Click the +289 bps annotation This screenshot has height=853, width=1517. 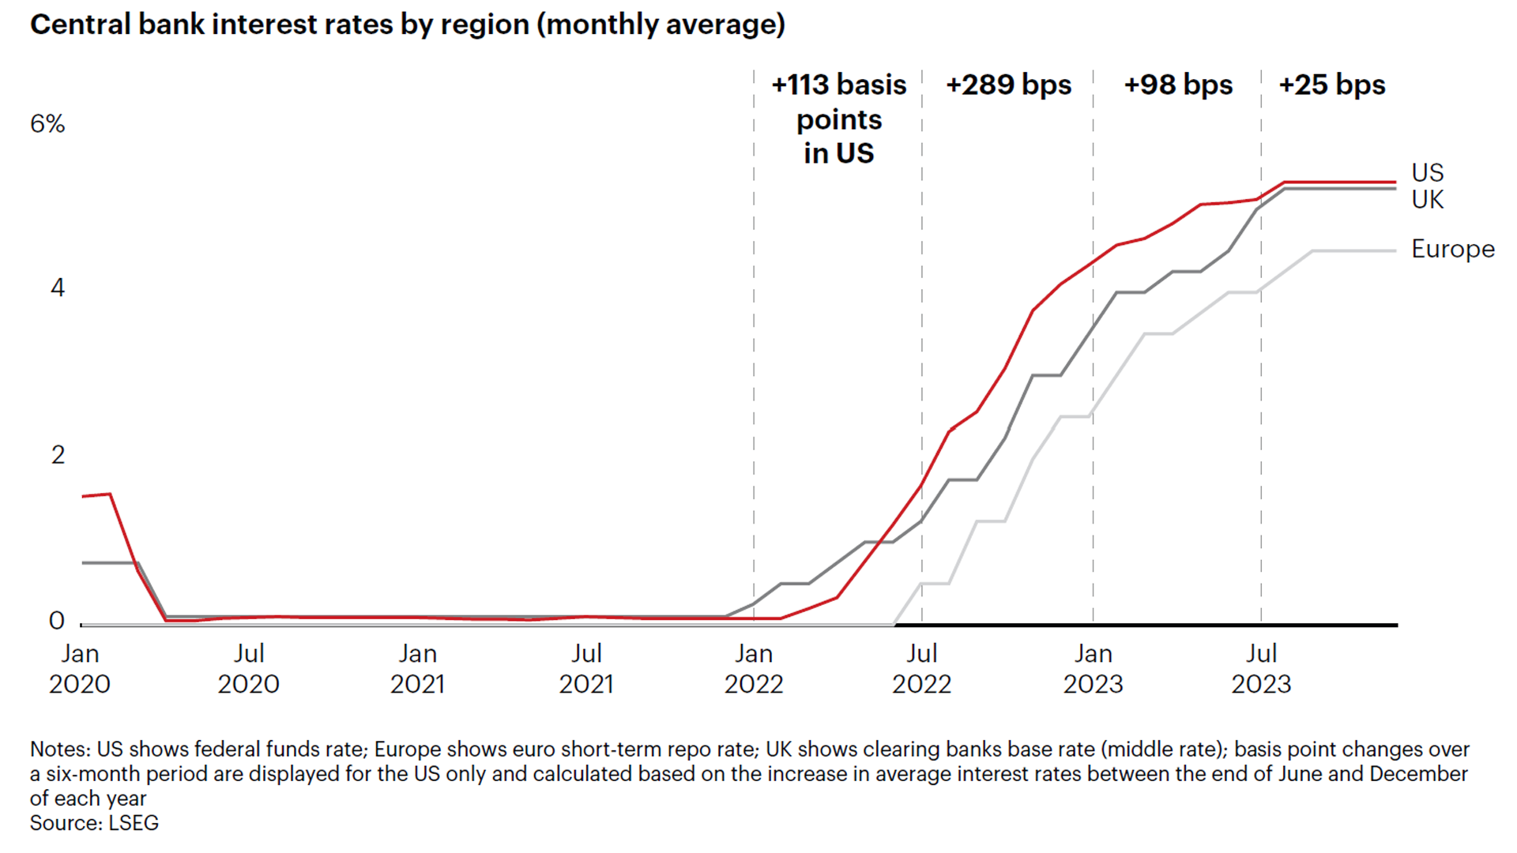coord(1008,85)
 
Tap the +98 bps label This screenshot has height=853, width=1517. coord(1178,85)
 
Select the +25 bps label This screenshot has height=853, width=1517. coord(1332,85)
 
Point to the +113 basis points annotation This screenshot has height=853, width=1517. coord(838,118)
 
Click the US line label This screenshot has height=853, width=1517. coord(1427,173)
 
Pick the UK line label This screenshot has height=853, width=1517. coord(1427,200)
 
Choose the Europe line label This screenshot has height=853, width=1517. coord(1452,249)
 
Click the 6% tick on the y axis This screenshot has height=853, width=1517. coord(47,124)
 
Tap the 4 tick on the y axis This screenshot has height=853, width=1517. coord(57,287)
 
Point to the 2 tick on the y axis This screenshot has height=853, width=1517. coord(57,455)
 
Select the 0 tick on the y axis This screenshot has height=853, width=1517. coord(57,621)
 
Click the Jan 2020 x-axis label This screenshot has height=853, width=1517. coord(80,668)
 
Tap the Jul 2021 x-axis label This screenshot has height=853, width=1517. coord(586,668)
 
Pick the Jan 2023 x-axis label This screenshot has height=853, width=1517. coord(1093,668)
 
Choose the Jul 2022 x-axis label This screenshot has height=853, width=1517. coord(921,668)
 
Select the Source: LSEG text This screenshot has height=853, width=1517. coord(94,823)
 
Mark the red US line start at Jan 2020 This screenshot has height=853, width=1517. coord(85,496)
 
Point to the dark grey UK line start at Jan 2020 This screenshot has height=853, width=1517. coord(85,562)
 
